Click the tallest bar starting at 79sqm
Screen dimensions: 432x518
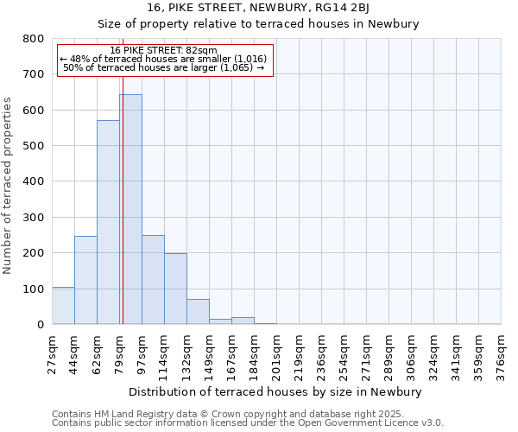(x=130, y=209)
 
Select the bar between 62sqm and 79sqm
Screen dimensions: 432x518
(x=108, y=222)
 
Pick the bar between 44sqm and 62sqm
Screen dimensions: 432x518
(x=85, y=280)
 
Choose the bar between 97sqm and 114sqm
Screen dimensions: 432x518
(x=153, y=279)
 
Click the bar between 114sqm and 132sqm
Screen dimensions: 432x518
(x=175, y=289)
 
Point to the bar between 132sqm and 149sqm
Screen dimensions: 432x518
(x=198, y=312)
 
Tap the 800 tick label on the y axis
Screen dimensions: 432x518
(x=33, y=39)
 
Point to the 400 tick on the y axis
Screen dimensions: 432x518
(x=33, y=181)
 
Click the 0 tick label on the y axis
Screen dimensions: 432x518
(x=41, y=325)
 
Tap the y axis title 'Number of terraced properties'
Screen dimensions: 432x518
(x=9, y=186)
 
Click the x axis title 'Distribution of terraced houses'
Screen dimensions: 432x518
(x=276, y=391)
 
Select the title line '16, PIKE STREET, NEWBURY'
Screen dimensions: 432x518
(x=259, y=8)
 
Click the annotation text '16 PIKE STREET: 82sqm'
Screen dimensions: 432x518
(x=164, y=51)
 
